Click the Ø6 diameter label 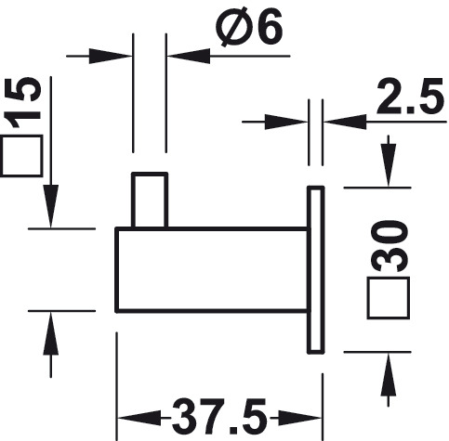click(x=251, y=27)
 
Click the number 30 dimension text click(x=389, y=246)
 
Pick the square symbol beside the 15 click(x=21, y=156)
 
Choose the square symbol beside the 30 click(x=389, y=298)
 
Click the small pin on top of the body click(x=150, y=201)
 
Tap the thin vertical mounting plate click(x=316, y=269)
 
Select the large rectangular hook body click(x=212, y=269)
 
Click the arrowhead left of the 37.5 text click(x=140, y=418)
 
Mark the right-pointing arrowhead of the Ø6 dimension click(x=111, y=56)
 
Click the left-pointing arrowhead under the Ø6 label click(x=189, y=56)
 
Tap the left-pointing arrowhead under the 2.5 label click(x=345, y=122)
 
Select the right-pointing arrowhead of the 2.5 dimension click(x=286, y=122)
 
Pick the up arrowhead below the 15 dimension click(x=51, y=333)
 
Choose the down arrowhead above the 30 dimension click(x=389, y=165)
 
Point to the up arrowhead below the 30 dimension click(x=389, y=375)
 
